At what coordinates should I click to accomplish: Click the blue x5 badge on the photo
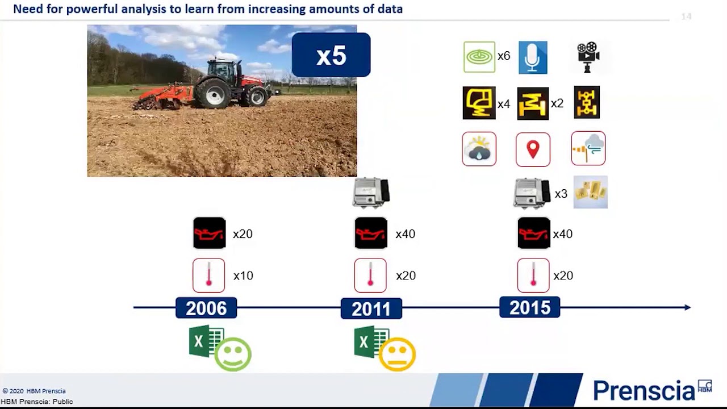click(x=331, y=55)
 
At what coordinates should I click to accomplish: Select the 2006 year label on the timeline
click(x=206, y=308)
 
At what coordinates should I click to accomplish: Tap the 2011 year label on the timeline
click(x=371, y=308)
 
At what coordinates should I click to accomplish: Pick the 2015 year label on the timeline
click(x=529, y=307)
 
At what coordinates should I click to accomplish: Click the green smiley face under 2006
click(x=233, y=354)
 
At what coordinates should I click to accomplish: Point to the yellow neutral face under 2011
click(x=397, y=354)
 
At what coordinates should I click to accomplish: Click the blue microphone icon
click(x=533, y=57)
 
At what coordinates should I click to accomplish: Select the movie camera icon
click(x=588, y=56)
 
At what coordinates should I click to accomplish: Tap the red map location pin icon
click(x=533, y=149)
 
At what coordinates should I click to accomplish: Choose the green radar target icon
click(x=479, y=57)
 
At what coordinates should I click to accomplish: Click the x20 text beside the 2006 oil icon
click(x=243, y=234)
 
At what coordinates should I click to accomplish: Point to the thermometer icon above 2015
click(x=533, y=276)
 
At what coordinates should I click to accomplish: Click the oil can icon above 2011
click(x=371, y=233)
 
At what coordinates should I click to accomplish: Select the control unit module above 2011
click(x=371, y=193)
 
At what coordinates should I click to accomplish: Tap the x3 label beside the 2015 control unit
click(x=561, y=194)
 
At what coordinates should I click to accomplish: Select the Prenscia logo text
click(x=644, y=390)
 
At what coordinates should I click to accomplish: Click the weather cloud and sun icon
click(x=479, y=149)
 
